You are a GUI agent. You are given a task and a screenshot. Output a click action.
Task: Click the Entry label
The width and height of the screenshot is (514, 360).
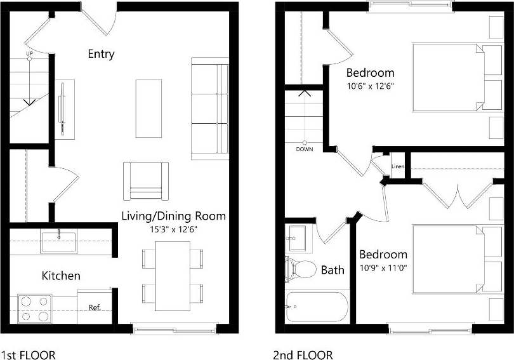(101, 54)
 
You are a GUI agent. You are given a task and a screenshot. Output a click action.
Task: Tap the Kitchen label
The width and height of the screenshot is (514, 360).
(61, 276)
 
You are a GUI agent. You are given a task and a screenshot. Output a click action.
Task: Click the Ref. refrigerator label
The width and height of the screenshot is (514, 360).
(95, 308)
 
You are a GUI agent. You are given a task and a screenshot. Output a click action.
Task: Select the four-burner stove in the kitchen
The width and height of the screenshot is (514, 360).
(34, 308)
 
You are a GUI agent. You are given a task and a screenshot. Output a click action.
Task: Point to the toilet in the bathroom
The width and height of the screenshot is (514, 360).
(301, 269)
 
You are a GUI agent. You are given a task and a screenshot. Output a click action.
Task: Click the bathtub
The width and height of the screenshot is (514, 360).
(317, 307)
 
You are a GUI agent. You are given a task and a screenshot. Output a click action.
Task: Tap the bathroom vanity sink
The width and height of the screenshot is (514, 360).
(296, 239)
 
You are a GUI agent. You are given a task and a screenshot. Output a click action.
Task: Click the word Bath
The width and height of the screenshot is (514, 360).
(333, 270)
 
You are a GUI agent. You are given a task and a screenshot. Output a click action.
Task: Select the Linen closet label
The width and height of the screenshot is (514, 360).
(398, 167)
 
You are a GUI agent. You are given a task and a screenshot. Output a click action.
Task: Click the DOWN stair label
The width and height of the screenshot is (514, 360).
(305, 150)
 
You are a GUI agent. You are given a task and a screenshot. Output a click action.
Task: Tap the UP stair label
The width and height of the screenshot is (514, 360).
(29, 54)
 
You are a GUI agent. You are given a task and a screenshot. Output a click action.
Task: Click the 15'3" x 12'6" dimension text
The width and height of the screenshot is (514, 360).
(173, 229)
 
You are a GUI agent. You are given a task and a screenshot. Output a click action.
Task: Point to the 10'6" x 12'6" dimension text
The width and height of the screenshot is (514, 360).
(371, 86)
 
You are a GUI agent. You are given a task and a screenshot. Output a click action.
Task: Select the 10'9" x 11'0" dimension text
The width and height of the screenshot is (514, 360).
(383, 267)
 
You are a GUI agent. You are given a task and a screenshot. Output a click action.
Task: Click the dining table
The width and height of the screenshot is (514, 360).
(173, 276)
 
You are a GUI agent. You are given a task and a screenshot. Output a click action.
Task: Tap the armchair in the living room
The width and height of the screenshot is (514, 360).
(146, 180)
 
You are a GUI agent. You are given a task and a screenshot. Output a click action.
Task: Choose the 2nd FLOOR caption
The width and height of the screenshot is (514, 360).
(303, 355)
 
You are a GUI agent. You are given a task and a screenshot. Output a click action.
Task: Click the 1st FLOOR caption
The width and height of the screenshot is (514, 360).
(29, 355)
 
